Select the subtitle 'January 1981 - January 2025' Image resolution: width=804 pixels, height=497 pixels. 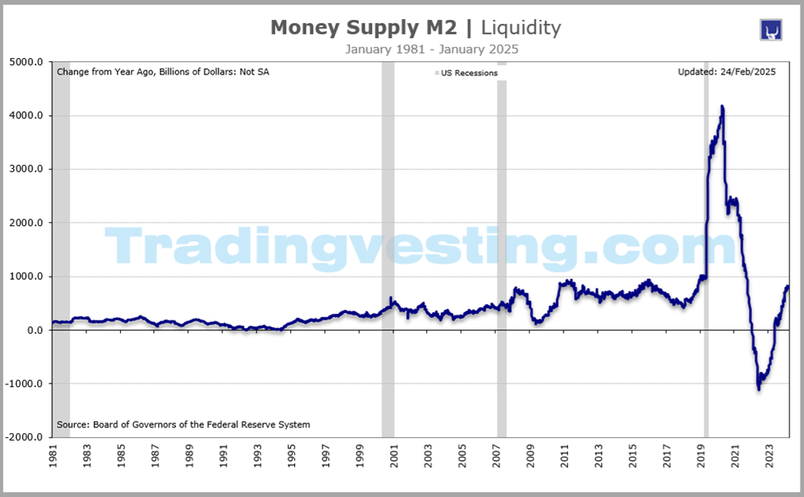pyautogui.click(x=432, y=50)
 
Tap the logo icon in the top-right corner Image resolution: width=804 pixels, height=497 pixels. pyautogui.click(x=772, y=29)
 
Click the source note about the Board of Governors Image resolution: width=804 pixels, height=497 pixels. pyautogui.click(x=183, y=425)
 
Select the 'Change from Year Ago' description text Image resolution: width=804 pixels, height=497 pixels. pyautogui.click(x=162, y=72)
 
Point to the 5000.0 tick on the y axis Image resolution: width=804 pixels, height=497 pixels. pyautogui.click(x=27, y=62)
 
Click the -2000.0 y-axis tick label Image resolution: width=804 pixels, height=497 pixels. pyautogui.click(x=25, y=437)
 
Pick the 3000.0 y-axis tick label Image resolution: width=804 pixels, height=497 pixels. pyautogui.click(x=27, y=169)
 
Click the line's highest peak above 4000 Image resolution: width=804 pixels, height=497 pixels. pyautogui.click(x=722, y=107)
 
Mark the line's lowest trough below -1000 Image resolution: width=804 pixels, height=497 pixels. pyautogui.click(x=758, y=388)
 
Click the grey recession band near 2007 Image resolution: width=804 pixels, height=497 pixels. pyautogui.click(x=501, y=248)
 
